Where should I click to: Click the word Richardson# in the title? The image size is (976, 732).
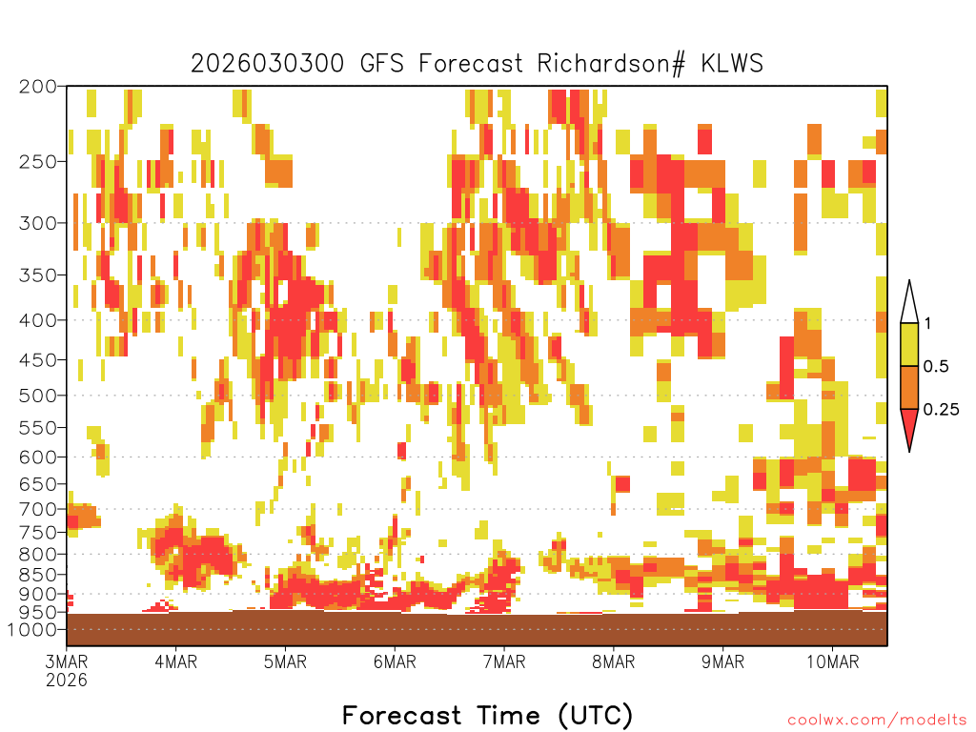tap(611, 64)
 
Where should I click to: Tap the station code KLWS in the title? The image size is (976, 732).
tap(732, 63)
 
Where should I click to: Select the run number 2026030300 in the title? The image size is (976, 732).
tap(267, 63)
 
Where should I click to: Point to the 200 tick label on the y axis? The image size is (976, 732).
tap(37, 87)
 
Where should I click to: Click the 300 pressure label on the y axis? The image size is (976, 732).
tap(37, 223)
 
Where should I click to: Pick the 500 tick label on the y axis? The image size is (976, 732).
tap(37, 396)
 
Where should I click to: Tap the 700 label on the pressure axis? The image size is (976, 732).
tap(37, 509)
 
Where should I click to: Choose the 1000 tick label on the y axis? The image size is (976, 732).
tap(31, 629)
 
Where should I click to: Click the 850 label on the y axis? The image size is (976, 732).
tap(37, 574)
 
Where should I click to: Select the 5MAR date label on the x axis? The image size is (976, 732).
tap(285, 661)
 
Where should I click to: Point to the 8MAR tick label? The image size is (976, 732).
tap(613, 661)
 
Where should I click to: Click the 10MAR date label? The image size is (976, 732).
tap(832, 661)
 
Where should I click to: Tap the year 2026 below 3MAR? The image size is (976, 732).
tap(67, 680)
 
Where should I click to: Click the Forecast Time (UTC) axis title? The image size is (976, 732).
tap(487, 715)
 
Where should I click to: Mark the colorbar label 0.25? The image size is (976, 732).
tap(941, 409)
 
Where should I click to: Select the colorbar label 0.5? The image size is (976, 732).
tap(936, 366)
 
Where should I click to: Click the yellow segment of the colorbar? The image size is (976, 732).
tap(909, 344)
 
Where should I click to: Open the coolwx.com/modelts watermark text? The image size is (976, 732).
tap(878, 720)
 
